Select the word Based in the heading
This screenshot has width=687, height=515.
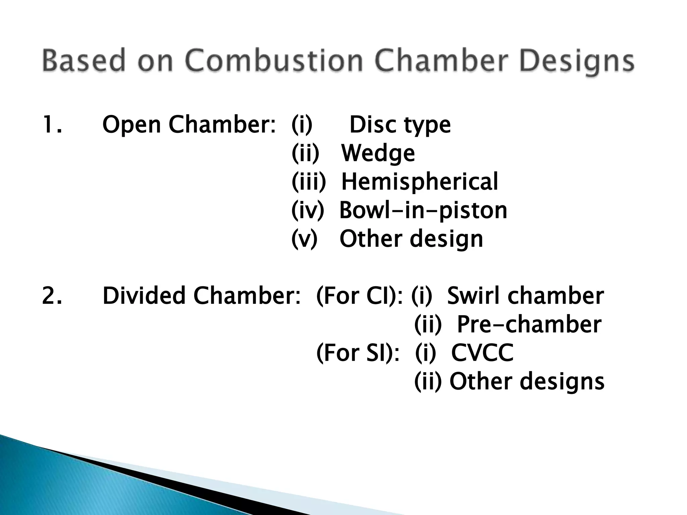coord(84,60)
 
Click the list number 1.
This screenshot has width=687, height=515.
coord(52,124)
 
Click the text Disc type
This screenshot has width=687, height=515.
coord(400,125)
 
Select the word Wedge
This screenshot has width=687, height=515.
coord(378,154)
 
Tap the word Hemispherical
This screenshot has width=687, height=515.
coord(420,182)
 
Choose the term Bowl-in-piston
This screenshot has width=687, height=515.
coord(423,211)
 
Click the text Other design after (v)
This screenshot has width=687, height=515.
coord(411,239)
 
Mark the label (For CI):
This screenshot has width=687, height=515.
coord(359,296)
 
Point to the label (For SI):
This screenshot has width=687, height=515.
coord(358,353)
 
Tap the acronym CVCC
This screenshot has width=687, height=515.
coord(482,353)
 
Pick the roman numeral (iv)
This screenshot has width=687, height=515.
coord(308,211)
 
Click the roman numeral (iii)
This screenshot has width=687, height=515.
coord(309,182)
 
